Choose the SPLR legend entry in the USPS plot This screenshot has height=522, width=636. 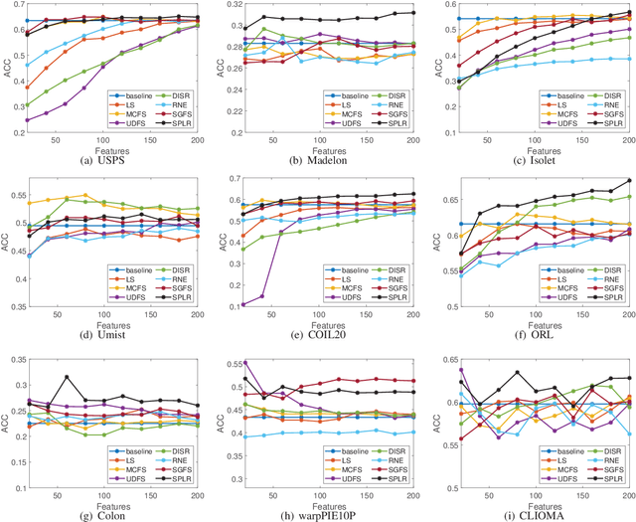[176, 131]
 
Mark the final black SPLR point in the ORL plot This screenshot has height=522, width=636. [629, 180]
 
